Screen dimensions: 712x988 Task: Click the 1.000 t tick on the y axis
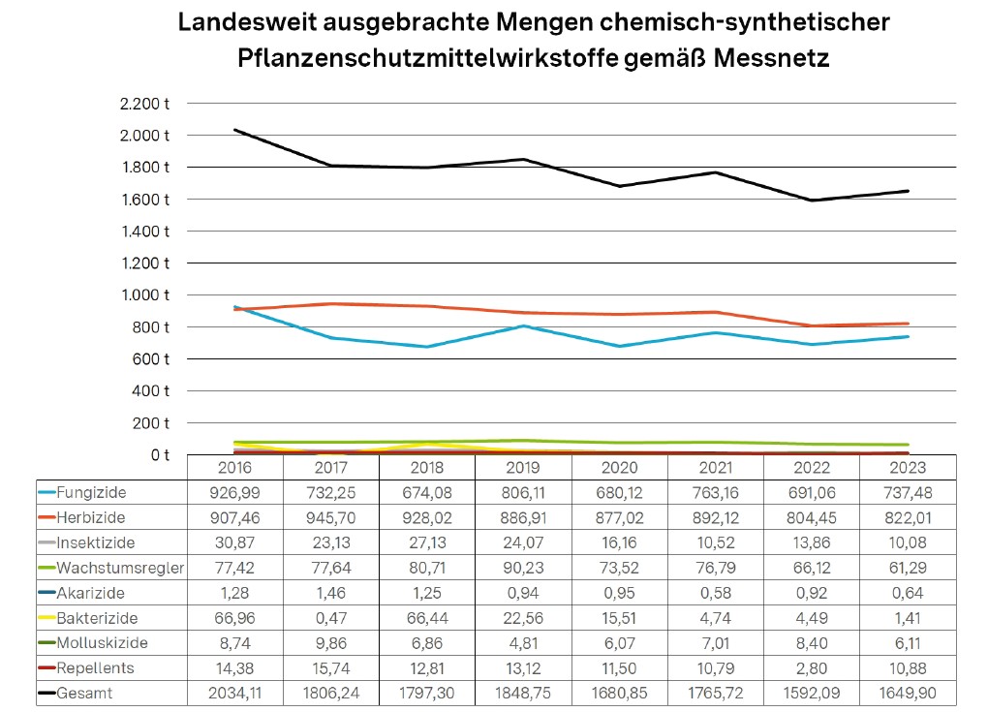147,295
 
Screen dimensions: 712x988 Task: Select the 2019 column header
523,468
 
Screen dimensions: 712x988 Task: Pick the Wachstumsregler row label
119,568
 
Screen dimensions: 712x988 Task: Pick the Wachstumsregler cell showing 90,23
523,568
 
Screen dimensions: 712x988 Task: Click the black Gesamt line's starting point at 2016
235,130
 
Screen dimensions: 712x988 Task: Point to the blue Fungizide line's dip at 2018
427,347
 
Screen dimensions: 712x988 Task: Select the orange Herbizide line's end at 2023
908,324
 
